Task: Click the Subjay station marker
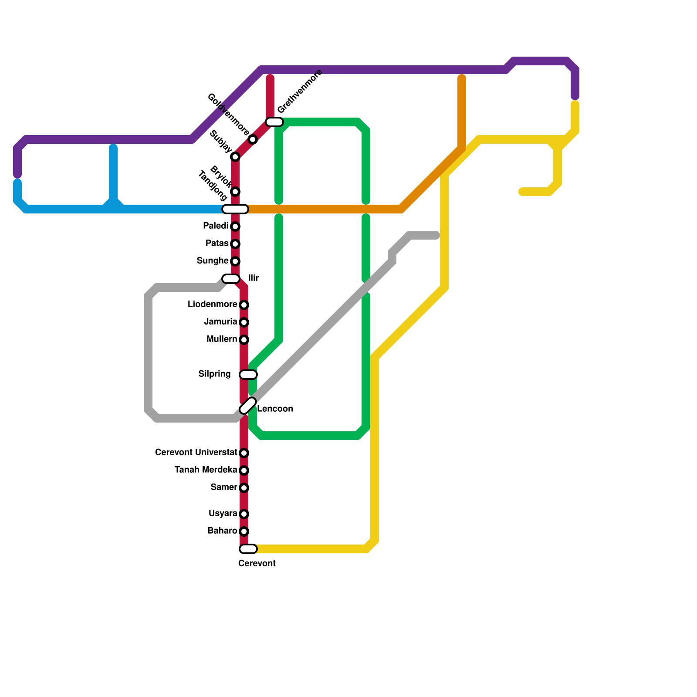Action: point(235,157)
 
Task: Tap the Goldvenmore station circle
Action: point(253,139)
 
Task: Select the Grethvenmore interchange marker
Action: point(274,122)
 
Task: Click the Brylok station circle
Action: point(235,192)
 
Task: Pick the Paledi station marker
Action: point(235,227)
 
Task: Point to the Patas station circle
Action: point(235,244)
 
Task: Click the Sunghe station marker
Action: point(235,261)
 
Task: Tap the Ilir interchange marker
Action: point(231,279)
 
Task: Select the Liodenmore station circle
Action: point(244,305)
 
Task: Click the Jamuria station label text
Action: point(220,322)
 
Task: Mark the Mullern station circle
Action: point(244,340)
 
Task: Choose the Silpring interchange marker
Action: point(248,375)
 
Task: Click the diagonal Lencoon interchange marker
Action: point(248,406)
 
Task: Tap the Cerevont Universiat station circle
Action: point(244,453)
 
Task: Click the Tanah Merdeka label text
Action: point(206,470)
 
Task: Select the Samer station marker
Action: point(244,488)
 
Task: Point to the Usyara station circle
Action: point(244,514)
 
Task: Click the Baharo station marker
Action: point(244,531)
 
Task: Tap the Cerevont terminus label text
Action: point(257,564)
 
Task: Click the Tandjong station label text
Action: point(213,186)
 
